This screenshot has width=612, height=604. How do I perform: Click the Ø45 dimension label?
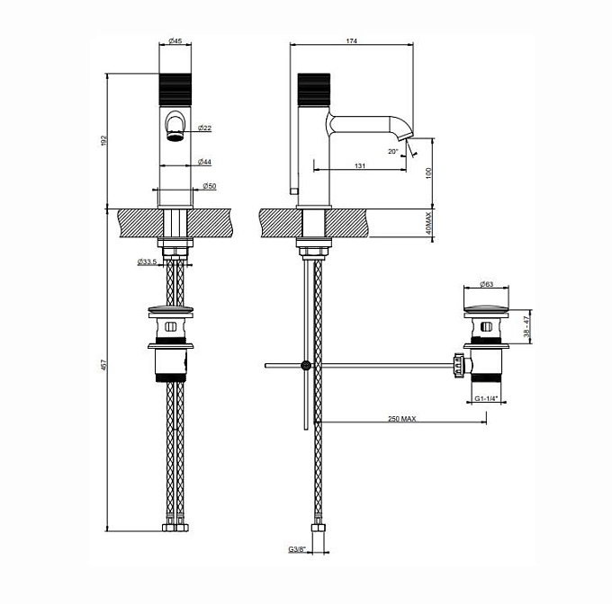(x=175, y=40)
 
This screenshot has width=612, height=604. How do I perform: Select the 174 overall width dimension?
(x=352, y=40)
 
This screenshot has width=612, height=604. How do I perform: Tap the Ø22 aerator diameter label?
(x=205, y=128)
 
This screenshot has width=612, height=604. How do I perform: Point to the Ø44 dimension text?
(x=205, y=162)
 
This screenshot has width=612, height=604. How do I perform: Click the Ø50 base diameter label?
(x=210, y=186)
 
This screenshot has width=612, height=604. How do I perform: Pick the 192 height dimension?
(x=103, y=141)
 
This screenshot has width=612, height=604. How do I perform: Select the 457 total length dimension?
(x=103, y=365)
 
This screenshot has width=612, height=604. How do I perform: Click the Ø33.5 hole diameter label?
(x=147, y=262)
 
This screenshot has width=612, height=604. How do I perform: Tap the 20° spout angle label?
(x=393, y=152)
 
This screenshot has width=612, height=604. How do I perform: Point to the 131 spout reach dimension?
(x=360, y=166)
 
